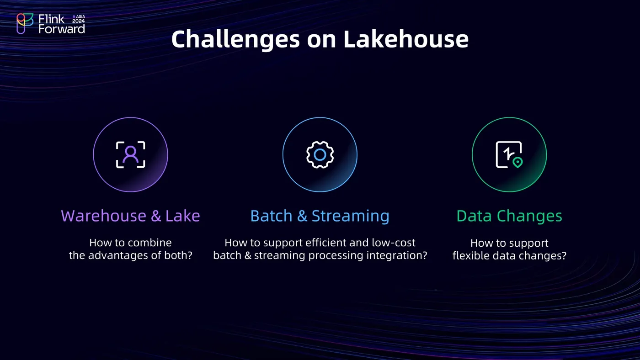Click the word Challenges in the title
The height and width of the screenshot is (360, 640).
coord(235,40)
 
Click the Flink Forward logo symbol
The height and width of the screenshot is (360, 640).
coord(25,24)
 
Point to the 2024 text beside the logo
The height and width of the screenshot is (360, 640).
coord(78,21)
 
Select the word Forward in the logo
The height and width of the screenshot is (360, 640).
coord(62,29)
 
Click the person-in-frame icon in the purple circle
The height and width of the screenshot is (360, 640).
coord(131,155)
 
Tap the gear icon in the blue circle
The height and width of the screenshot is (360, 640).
coord(320,155)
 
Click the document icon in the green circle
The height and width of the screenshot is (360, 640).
coord(509,154)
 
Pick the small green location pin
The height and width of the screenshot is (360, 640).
coord(517,163)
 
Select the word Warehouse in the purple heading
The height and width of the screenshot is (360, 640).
coord(103,216)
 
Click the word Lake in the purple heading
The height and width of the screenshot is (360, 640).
coord(182,216)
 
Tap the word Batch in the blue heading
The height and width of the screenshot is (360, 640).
coord(272,216)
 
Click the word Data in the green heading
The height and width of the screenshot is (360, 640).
coord(475,216)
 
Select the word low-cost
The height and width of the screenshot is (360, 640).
coord(394,243)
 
